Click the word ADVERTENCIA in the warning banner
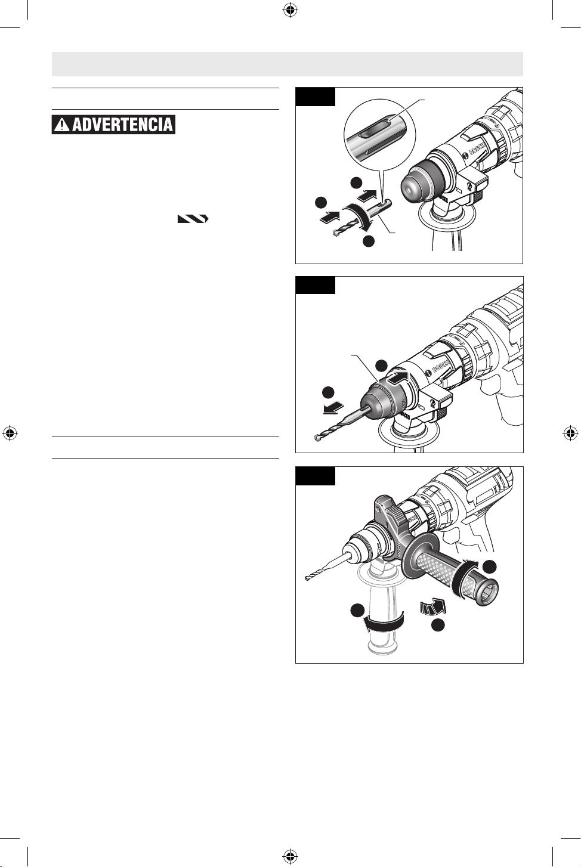122,125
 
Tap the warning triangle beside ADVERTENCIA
62,125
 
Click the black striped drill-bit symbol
193,219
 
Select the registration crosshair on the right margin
570,433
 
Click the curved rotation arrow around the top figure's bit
360,217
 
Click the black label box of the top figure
315,97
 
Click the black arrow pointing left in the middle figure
333,408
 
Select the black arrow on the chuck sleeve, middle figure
398,377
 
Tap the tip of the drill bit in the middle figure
317,439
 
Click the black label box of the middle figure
315,285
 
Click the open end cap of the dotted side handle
487,590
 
